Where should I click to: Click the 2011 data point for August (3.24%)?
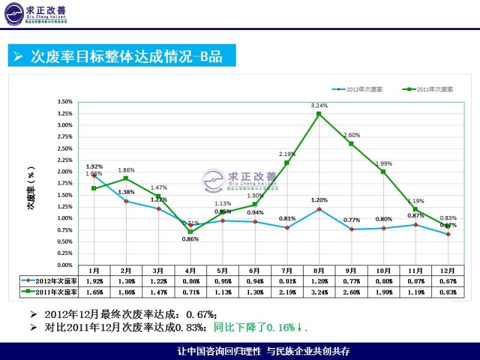click(x=319, y=113)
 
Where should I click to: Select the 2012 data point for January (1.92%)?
click(x=94, y=175)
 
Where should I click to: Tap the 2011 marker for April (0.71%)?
click(x=190, y=232)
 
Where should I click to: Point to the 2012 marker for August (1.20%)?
click(x=319, y=209)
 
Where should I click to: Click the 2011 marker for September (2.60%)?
click(x=351, y=143)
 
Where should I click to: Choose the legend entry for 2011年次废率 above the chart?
click(x=430, y=89)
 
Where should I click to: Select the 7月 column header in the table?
click(x=287, y=271)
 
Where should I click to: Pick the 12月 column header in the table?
click(x=448, y=271)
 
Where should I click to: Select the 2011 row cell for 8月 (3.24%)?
click(x=319, y=292)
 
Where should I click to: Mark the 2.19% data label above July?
click(x=287, y=154)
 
